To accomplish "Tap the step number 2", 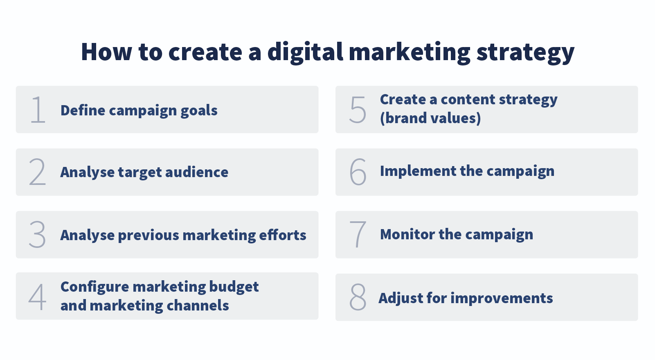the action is click(37, 172).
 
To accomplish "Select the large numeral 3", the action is click(37, 234).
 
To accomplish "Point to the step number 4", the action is click(37, 297).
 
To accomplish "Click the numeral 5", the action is click(358, 110).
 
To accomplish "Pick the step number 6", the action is click(358, 172).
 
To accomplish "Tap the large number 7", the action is click(358, 234).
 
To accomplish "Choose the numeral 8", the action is click(358, 297).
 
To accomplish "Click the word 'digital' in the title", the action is click(305, 52).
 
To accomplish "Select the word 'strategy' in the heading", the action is click(525, 53).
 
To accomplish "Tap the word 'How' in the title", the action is click(106, 52).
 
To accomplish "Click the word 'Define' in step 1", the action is click(83, 110).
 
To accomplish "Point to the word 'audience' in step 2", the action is click(196, 172).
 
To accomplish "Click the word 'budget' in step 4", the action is click(234, 287).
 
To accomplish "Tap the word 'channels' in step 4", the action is click(197, 306).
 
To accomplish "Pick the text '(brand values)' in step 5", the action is click(430, 119).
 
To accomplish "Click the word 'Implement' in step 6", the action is click(418, 171).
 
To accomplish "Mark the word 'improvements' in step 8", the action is click(502, 299).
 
